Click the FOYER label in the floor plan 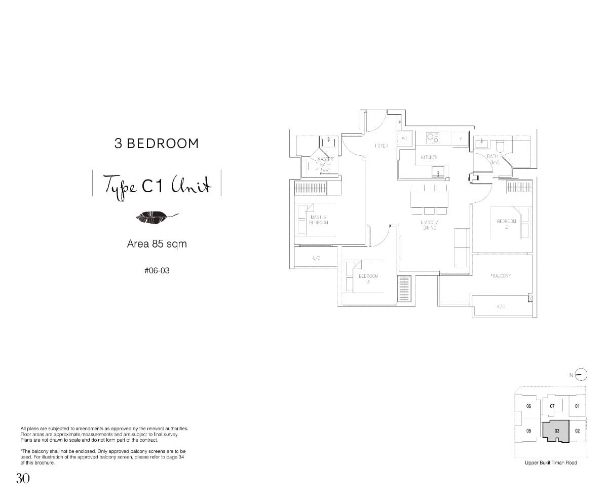point(382,146)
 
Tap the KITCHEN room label point(429,157)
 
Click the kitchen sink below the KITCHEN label point(437,172)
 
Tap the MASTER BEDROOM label point(318,220)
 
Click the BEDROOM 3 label point(368,278)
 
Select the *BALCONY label point(501,276)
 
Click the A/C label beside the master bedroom point(316,258)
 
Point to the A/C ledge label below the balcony point(501,306)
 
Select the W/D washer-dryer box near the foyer point(405,138)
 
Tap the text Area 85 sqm point(157,244)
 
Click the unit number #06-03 point(157,271)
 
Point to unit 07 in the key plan point(552,406)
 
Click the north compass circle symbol point(582,375)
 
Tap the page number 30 point(23,478)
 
